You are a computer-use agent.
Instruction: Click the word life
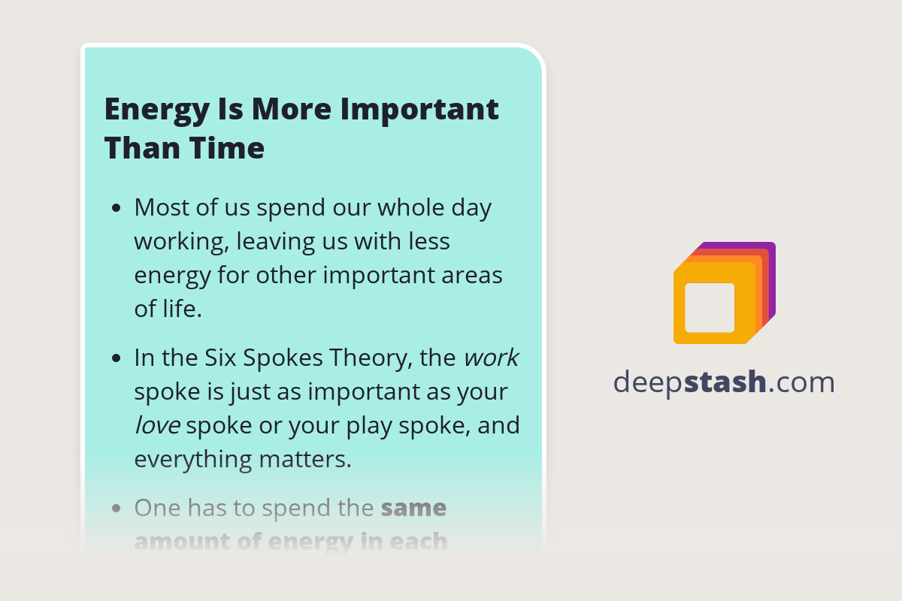coord(183,309)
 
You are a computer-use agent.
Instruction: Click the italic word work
coord(491,358)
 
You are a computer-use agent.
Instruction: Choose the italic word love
coord(157,425)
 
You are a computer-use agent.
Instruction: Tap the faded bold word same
coord(413,508)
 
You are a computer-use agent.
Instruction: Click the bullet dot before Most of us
coord(116,208)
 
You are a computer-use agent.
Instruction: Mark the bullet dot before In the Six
coord(116,358)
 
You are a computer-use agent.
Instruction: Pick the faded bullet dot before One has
coord(116,509)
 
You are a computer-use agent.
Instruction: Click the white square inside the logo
coord(710,307)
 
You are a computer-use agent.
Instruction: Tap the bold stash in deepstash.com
coord(725,382)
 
